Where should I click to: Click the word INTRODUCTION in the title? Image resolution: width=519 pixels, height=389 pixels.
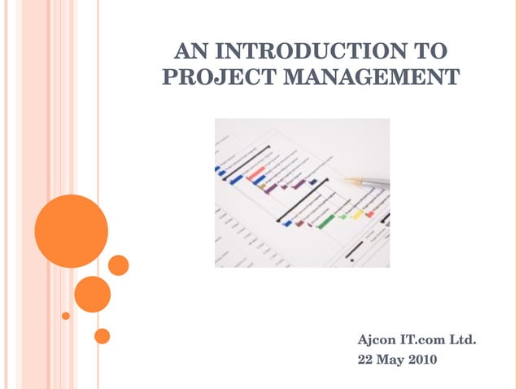pyautogui.click(x=307, y=53)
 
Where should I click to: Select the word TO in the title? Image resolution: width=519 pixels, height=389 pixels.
pyautogui.click(x=429, y=53)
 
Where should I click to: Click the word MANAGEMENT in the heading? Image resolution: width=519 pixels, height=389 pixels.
pyautogui.click(x=371, y=78)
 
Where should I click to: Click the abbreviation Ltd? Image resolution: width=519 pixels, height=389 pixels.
pyautogui.click(x=464, y=339)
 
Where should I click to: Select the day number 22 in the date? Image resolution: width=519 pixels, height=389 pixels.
pyautogui.click(x=366, y=358)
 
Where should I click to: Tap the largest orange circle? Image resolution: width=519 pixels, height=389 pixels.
pyautogui.click(x=71, y=231)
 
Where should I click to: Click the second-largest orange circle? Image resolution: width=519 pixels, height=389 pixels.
pyautogui.click(x=93, y=295)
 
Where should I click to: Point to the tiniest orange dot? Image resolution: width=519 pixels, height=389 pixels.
pyautogui.click(x=66, y=316)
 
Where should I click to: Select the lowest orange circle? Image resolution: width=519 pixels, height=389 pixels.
pyautogui.click(x=102, y=335)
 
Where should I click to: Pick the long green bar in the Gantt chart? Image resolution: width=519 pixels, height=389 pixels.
pyautogui.click(x=326, y=221)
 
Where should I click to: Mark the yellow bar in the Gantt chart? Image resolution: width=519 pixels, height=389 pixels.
pyautogui.click(x=357, y=214)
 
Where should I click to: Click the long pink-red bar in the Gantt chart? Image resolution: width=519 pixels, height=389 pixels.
pyautogui.click(x=257, y=173)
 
